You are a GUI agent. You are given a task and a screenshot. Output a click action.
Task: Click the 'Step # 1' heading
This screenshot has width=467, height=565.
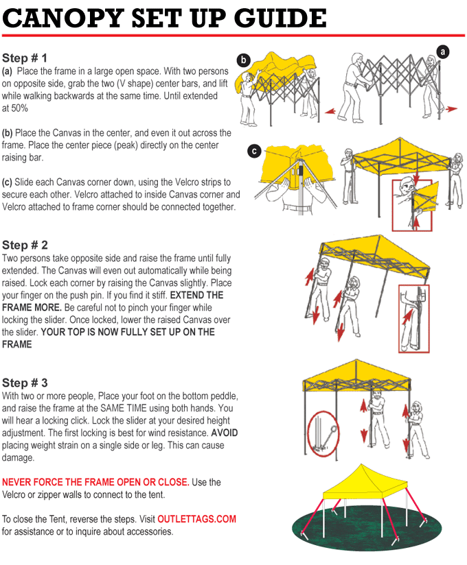point(25,58)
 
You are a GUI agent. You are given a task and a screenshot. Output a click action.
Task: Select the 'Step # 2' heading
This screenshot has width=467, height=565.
point(25,245)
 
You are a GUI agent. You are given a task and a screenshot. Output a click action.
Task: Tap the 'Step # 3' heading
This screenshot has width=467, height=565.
point(25,383)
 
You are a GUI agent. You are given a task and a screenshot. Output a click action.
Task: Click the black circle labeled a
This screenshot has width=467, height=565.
point(444,51)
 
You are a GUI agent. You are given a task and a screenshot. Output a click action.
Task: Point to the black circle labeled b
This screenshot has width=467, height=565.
point(243,60)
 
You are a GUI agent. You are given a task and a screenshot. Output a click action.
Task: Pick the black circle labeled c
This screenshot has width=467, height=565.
point(255,151)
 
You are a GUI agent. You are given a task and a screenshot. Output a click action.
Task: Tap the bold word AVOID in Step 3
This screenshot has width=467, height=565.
point(225,433)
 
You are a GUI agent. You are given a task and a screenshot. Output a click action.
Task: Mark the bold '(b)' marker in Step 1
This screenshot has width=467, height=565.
point(8,132)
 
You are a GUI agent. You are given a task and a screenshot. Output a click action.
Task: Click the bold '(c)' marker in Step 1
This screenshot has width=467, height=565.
point(8,182)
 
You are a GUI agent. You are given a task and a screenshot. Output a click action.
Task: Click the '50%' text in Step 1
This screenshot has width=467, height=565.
point(19,108)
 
